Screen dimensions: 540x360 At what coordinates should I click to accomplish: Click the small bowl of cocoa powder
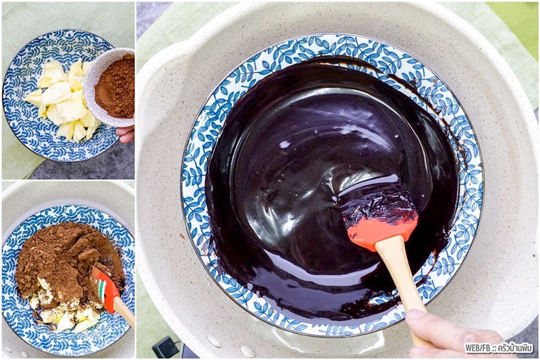click(110, 87)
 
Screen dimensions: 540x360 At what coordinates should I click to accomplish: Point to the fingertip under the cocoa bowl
click(126, 135)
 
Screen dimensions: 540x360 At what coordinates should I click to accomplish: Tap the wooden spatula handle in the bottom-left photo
click(124, 312)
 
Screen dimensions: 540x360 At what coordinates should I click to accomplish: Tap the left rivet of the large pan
click(214, 341)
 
